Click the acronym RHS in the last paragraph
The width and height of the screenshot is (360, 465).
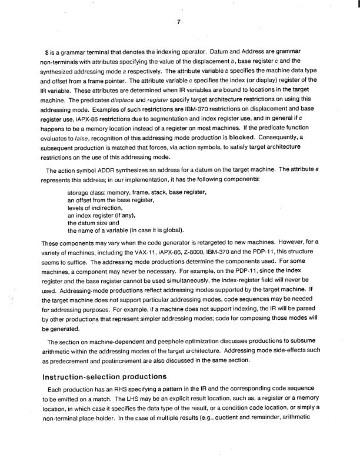coord(120,391)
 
